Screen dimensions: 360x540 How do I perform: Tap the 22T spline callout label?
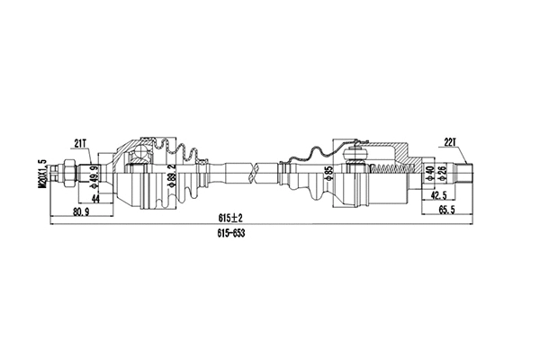(451, 141)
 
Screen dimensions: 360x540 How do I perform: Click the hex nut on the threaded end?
(67, 171)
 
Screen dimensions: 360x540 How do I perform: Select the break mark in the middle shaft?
(259, 167)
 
